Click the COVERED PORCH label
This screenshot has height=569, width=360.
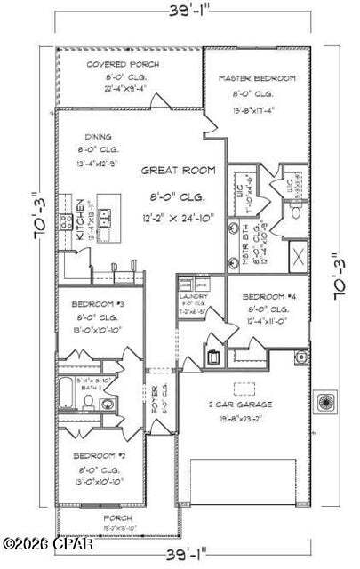(111, 65)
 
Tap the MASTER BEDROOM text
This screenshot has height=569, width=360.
(257, 79)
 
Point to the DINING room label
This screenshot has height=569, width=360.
(99, 137)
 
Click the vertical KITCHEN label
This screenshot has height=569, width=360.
(79, 221)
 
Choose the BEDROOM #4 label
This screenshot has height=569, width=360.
(266, 295)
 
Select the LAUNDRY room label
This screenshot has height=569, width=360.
(193, 296)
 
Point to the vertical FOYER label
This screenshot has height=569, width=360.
(153, 395)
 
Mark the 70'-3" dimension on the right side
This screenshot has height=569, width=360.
(340, 277)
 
